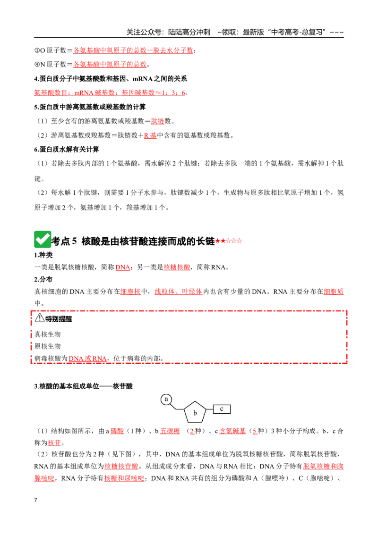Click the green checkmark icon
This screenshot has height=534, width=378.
pyautogui.click(x=43, y=239)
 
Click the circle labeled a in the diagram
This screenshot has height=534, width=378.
pyautogui.click(x=166, y=399)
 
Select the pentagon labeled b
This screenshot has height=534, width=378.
pyautogui.click(x=195, y=412)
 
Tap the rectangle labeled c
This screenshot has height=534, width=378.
pyautogui.click(x=222, y=409)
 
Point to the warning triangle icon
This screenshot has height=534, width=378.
pyautogui.click(x=40, y=318)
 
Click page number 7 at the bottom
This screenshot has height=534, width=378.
pyautogui.click(x=35, y=500)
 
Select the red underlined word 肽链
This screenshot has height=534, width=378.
pyautogui.click(x=157, y=121)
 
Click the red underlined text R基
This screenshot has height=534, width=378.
pyautogui.click(x=150, y=135)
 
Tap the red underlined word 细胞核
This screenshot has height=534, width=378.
pyautogui.click(x=130, y=292)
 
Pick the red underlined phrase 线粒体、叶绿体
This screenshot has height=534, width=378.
pyautogui.click(x=179, y=292)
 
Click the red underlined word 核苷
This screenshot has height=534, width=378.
pyautogui.click(x=54, y=443)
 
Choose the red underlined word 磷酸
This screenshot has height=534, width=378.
pyautogui.click(x=117, y=431)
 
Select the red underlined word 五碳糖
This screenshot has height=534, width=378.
pyautogui.click(x=170, y=431)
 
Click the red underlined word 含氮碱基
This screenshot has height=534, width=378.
pyautogui.click(x=232, y=431)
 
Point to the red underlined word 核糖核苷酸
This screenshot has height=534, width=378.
pyautogui.click(x=121, y=466)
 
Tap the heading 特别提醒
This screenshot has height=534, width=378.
pyautogui.click(x=59, y=319)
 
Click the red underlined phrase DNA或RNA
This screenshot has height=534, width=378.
pyautogui.click(x=88, y=358)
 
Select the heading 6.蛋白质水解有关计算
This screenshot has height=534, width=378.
pyautogui.click(x=67, y=149)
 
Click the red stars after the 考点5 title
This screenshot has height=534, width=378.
pyautogui.click(x=229, y=241)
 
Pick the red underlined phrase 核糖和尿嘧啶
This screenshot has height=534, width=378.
pyautogui.click(x=124, y=478)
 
